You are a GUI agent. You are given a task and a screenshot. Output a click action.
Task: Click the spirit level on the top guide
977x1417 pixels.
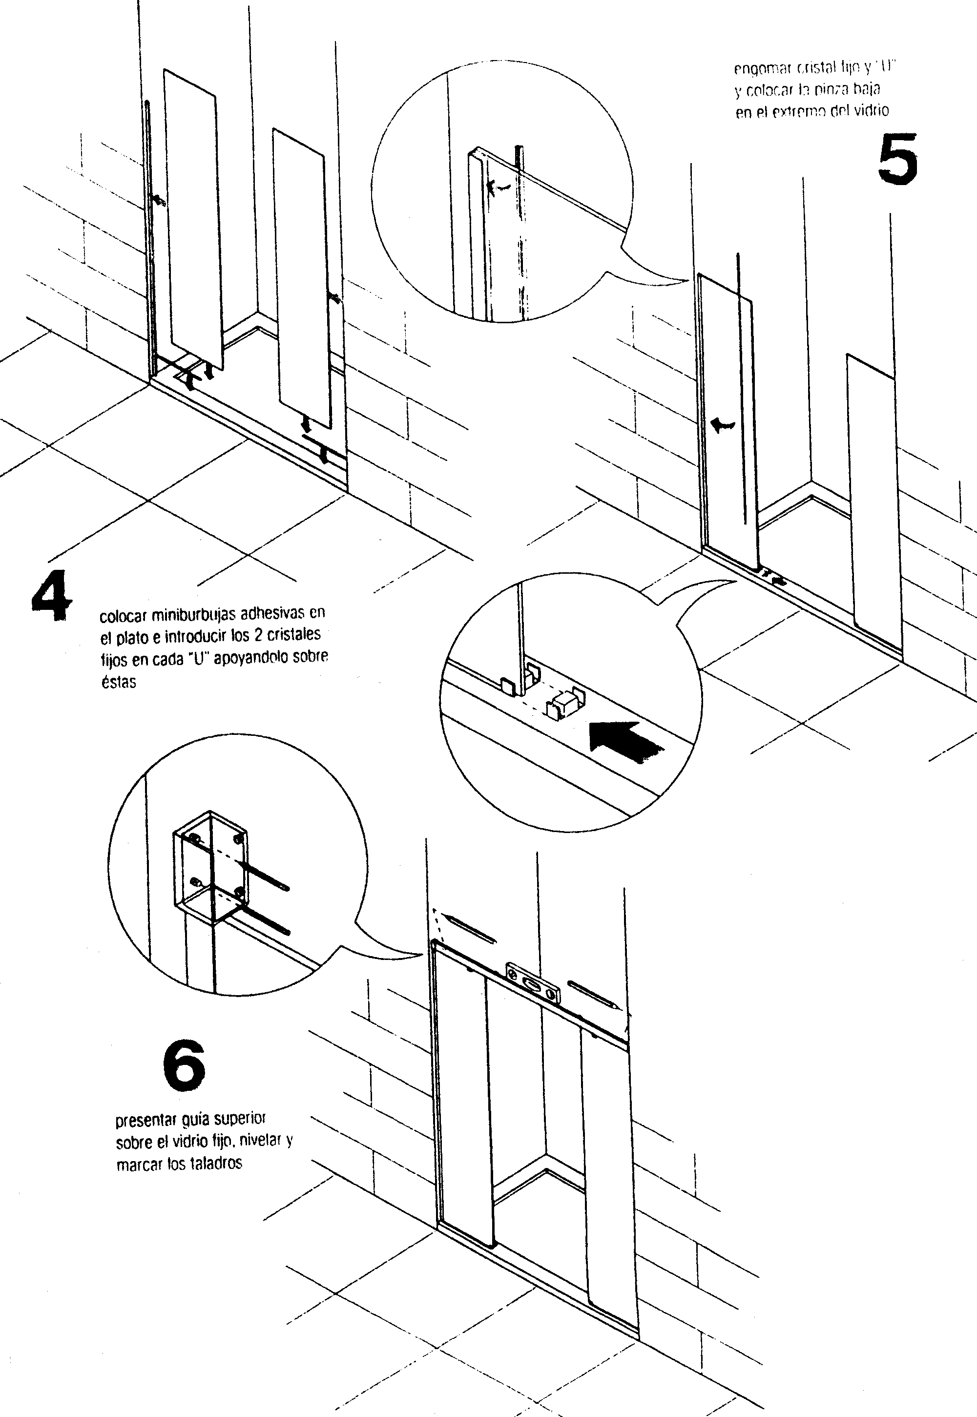[533, 983]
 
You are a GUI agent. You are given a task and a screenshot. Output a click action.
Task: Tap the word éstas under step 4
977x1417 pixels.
[119, 682]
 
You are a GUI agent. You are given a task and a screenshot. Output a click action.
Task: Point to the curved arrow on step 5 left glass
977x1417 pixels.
[722, 424]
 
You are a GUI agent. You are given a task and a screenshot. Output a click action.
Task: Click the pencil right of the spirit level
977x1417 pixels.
[594, 995]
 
